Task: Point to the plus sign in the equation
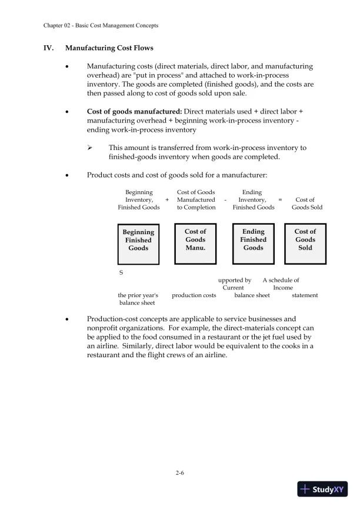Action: click(x=167, y=200)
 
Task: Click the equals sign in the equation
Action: click(x=280, y=200)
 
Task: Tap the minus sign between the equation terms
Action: click(x=225, y=200)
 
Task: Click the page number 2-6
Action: click(x=180, y=472)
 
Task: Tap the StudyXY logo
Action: click(x=322, y=489)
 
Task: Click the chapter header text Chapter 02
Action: click(x=61, y=26)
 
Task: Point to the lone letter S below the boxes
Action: click(x=121, y=273)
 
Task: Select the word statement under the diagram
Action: click(x=305, y=295)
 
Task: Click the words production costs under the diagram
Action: click(x=194, y=295)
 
